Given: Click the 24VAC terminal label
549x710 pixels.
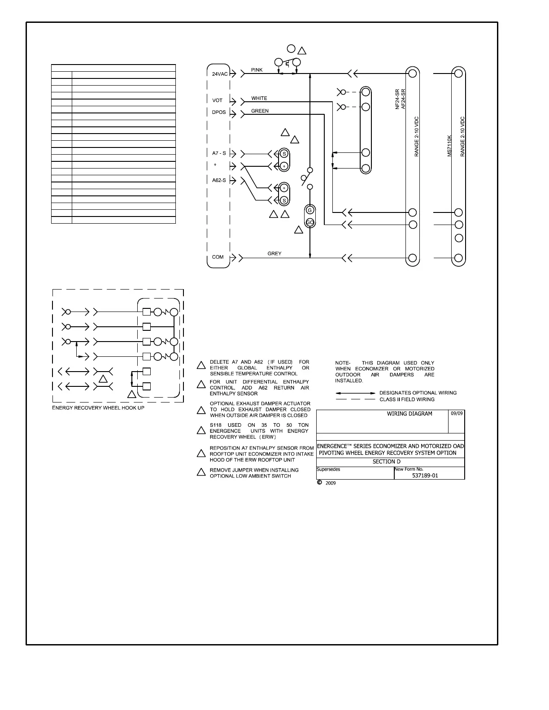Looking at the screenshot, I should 219,74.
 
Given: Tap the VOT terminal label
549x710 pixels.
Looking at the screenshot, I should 218,100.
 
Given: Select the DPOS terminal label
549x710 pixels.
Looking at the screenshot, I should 219,113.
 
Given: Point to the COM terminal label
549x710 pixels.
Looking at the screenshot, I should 218,257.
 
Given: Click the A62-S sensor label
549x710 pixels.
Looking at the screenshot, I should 219,180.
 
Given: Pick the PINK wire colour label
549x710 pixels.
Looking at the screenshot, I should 257,70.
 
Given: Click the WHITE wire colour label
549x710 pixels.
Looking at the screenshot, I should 259,99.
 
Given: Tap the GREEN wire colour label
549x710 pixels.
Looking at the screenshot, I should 260,111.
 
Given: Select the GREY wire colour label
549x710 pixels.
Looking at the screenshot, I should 274,254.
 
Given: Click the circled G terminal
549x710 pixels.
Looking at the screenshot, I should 309,211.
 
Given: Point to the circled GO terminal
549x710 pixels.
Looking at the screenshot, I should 309,222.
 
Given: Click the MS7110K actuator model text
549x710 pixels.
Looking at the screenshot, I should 449,146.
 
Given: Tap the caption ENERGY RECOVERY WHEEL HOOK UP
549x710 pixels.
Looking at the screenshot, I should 98,408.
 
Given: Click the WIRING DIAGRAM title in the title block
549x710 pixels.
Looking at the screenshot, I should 410,414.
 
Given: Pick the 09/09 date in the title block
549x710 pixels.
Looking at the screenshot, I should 457,413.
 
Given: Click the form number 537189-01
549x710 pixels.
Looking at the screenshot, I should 425,476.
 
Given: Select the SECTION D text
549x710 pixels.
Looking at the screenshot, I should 387,462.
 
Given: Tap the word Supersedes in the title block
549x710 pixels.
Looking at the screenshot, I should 328,469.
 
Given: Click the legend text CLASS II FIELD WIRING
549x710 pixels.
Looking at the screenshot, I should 407,399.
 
